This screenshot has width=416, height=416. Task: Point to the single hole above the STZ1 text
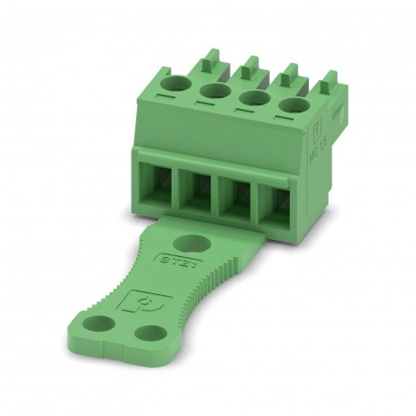192,243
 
